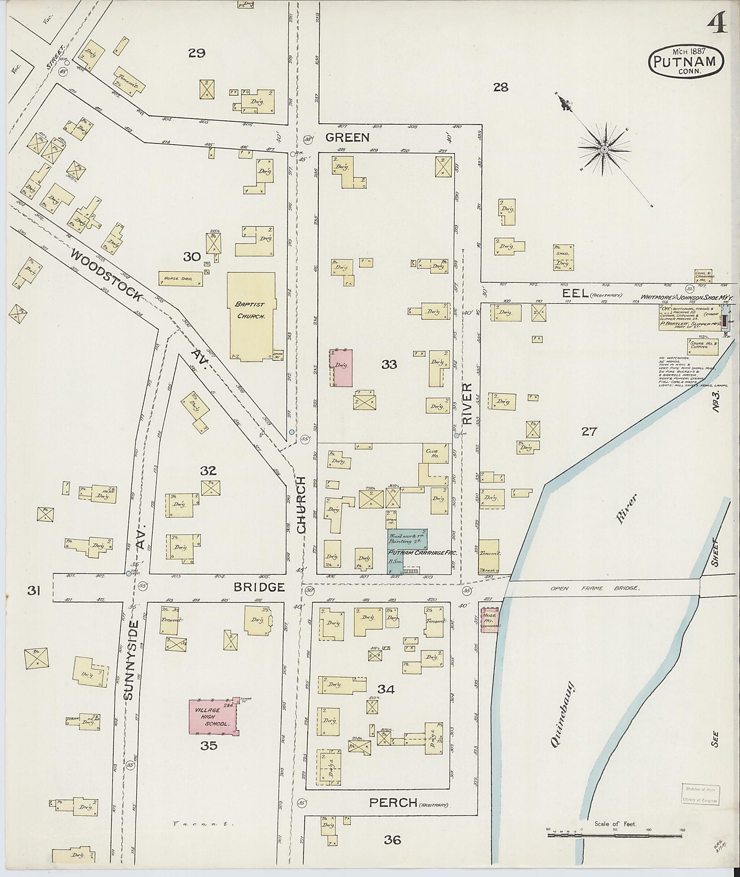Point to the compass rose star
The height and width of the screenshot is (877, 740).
point(603,149)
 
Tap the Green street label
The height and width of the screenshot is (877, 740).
point(347,138)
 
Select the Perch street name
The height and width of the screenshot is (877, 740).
point(393,803)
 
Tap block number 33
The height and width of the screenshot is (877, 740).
point(389,365)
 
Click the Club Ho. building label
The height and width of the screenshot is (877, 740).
point(432,454)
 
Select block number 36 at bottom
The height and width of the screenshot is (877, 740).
point(392,840)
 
